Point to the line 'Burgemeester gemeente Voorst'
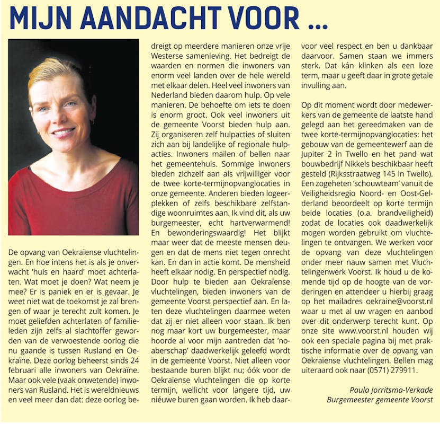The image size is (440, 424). point(380,400)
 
